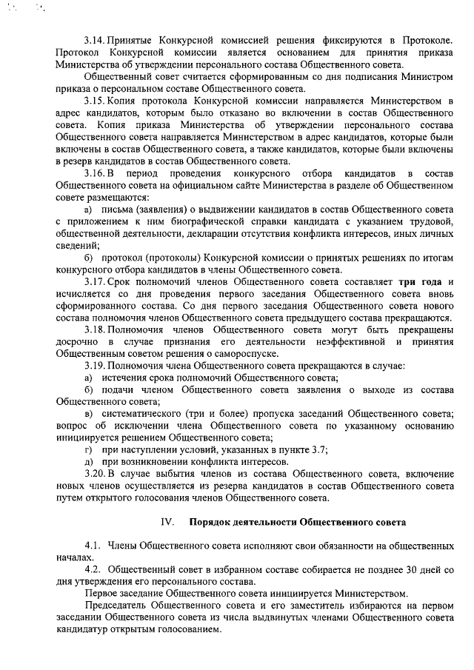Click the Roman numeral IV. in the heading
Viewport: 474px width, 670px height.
point(167,521)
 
